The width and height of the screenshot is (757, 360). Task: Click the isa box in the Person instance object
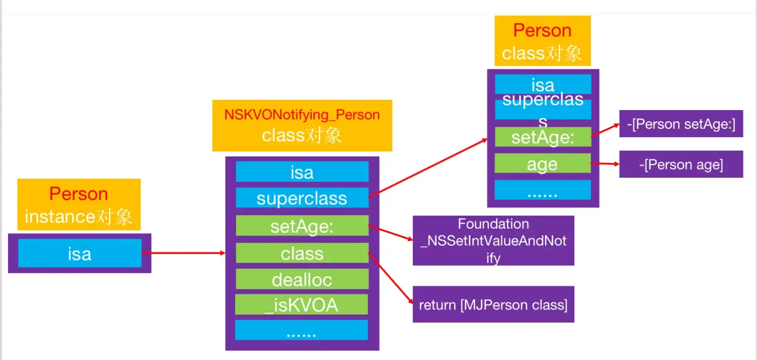click(80, 253)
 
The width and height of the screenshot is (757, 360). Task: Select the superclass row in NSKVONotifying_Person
click(302, 198)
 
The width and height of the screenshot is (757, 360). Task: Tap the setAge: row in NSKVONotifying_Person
click(302, 226)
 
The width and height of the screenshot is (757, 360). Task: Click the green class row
click(302, 253)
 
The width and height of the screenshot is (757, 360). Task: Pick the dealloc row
click(302, 279)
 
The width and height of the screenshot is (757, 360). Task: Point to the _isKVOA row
click(301, 305)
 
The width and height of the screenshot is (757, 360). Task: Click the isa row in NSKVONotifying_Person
click(302, 172)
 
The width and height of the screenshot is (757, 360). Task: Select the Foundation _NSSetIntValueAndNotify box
click(493, 241)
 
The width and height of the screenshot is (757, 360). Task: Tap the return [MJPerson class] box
click(493, 305)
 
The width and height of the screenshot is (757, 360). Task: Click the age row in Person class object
click(543, 164)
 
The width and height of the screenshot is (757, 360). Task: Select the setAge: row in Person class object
click(543, 137)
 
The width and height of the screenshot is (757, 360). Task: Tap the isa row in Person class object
click(543, 85)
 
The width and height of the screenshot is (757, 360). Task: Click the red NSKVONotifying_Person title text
click(302, 115)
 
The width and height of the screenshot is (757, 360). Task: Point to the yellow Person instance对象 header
click(79, 205)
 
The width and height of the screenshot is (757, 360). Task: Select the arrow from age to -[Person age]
click(605, 164)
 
